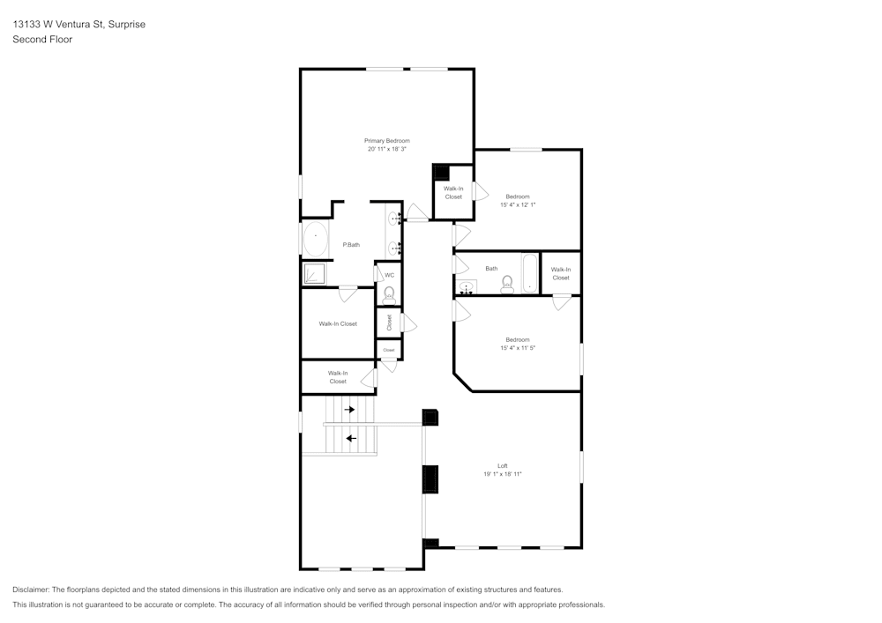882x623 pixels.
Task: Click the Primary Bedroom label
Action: click(387, 141)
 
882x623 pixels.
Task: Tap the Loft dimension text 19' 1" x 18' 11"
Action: click(503, 474)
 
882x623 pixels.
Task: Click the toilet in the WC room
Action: click(389, 293)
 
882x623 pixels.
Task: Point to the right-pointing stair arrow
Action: click(350, 410)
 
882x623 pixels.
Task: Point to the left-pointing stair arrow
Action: click(350, 438)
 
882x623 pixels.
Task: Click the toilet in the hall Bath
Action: click(507, 284)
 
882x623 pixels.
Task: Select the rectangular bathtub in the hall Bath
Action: click(529, 273)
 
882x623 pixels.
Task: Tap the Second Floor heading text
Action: click(42, 40)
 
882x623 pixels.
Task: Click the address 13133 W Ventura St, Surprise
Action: click(78, 25)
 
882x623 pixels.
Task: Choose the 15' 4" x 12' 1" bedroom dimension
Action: click(518, 204)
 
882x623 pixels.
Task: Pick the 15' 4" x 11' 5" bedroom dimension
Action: click(518, 348)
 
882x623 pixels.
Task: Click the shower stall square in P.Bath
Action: click(315, 274)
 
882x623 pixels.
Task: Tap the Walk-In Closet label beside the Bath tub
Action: click(561, 273)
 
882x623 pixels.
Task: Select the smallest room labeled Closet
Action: click(389, 350)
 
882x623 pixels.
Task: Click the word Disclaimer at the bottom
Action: click(32, 589)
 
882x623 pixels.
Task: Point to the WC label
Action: click(389, 275)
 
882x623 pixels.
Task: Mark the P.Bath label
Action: click(351, 244)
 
